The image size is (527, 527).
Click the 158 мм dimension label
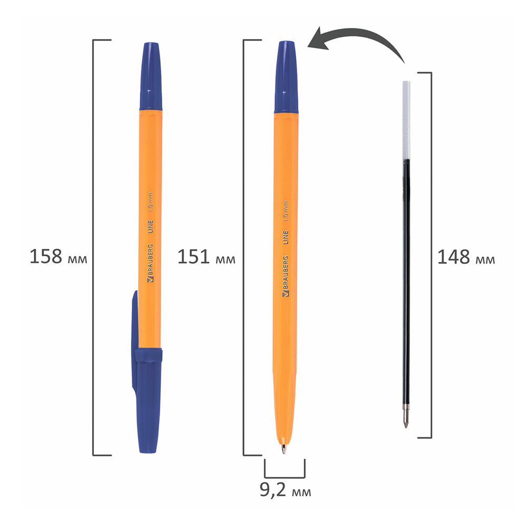point(58,258)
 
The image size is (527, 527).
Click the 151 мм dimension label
point(206,258)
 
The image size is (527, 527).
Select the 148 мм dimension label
point(466,258)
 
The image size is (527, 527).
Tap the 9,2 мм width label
point(285,492)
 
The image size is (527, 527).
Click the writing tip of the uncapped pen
point(284,448)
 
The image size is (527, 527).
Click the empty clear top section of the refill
point(406,119)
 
